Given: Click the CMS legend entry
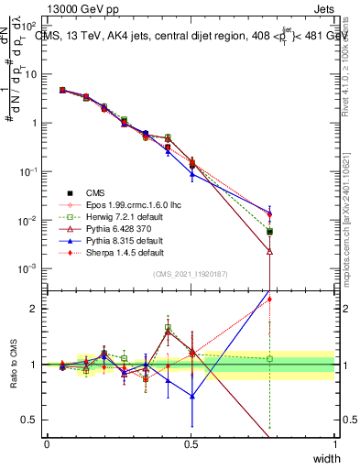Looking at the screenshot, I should tap(96, 191).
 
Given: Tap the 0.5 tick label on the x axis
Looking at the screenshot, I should tap(191, 443).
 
